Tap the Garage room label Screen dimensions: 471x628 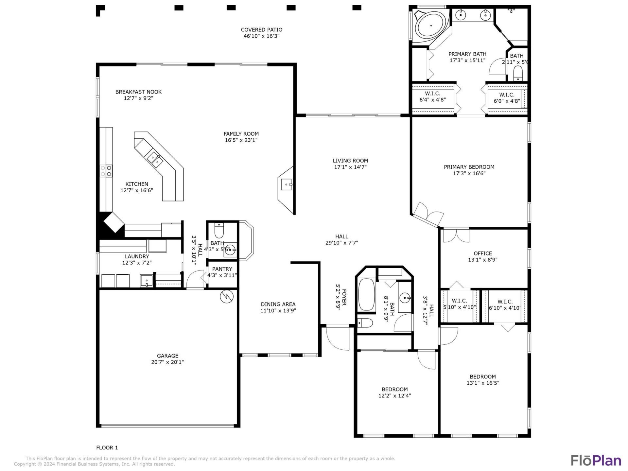click(167, 356)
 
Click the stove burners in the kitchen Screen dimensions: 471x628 click(106, 171)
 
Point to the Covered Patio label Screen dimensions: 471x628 click(261, 30)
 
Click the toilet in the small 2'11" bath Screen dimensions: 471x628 click(518, 73)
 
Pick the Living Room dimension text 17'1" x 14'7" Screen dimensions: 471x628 click(350, 167)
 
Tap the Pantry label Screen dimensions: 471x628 click(222, 269)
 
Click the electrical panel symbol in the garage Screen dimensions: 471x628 click(226, 296)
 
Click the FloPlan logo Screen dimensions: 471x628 click(596, 460)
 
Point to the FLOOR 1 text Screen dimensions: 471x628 click(107, 447)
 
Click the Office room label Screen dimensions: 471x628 click(483, 253)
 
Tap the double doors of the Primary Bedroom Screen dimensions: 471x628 click(428, 215)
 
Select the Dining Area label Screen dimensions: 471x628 click(278, 304)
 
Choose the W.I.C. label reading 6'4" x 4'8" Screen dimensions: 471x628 click(432, 97)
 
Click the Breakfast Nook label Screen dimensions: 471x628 click(138, 92)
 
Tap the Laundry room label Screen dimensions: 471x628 click(137, 256)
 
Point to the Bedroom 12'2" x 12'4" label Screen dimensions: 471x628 click(394, 389)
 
